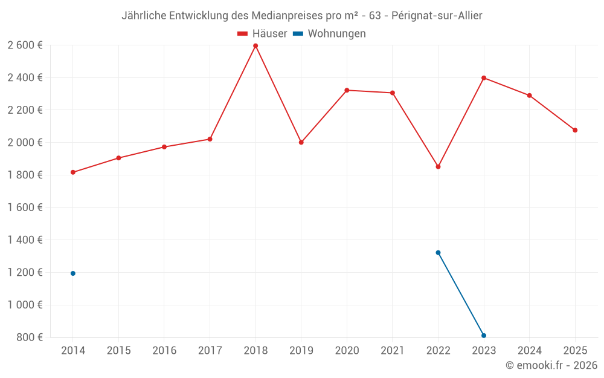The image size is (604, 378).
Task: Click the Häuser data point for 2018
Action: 255,46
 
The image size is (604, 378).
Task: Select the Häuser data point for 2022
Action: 438,166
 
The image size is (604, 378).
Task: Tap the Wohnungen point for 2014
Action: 73,273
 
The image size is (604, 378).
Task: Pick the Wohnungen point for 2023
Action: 484,336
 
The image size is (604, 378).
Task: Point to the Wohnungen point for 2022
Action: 438,253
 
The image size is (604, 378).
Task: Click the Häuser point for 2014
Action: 73,172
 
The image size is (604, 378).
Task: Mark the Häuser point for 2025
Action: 575,130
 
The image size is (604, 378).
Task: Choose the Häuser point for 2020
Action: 347,90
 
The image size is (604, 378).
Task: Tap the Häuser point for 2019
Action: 301,143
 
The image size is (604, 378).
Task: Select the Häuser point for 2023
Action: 484,78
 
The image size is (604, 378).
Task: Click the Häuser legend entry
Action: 262,34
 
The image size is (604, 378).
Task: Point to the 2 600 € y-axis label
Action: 25,45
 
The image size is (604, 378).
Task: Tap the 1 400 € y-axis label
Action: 25,240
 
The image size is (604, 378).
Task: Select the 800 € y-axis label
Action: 29,337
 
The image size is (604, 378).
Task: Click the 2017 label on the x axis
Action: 210,351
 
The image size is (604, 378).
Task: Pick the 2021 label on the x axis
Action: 393,351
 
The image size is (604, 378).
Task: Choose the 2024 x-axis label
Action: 529,351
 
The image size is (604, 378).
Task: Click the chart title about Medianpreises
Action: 302,16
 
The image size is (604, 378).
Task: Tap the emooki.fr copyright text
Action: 551,365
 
